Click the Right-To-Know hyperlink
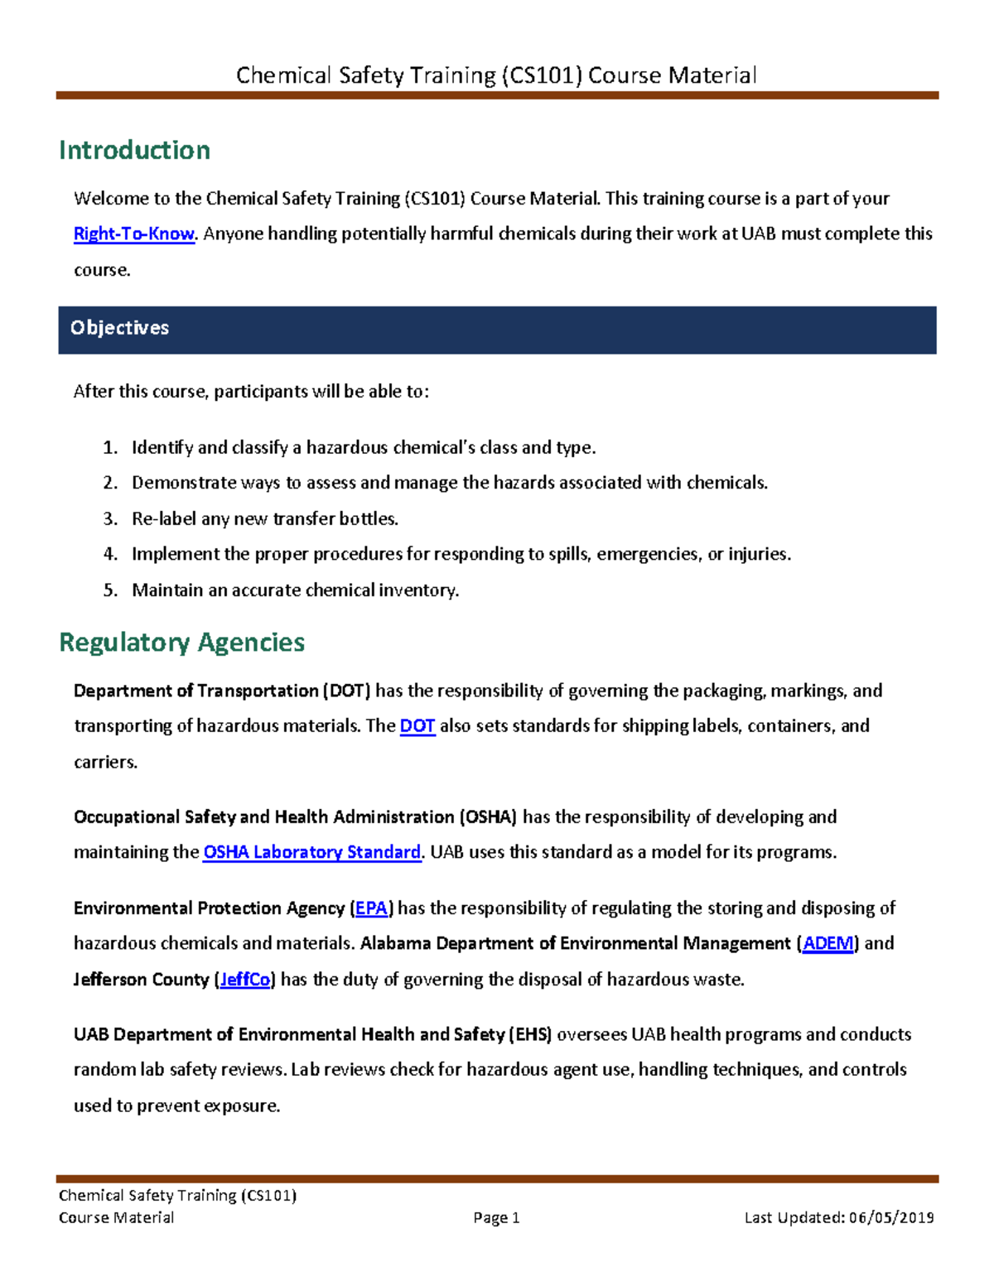pos(133,234)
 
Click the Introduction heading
pos(134,151)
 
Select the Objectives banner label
pos(119,328)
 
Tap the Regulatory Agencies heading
pos(181,643)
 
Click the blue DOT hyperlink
pos(417,726)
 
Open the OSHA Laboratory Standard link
pos(311,852)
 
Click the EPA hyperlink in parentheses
pos(371,908)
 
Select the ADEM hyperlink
pos(828,944)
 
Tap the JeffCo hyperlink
pos(244,980)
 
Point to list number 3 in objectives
pos(110,519)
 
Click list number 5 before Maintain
pos(110,590)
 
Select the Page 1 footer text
pos(496,1217)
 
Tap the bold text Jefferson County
pos(141,980)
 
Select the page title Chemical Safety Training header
pos(496,75)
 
